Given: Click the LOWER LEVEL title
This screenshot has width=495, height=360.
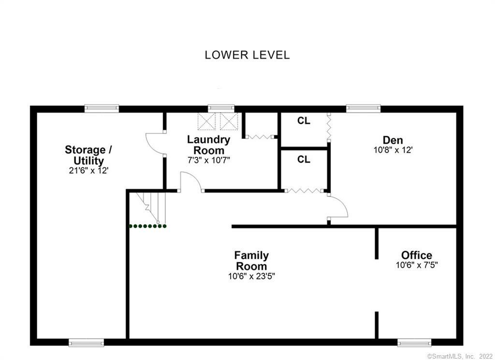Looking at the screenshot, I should [247, 55].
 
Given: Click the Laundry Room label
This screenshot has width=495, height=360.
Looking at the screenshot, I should [209, 145].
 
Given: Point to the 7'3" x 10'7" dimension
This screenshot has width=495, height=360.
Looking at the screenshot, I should [209, 160].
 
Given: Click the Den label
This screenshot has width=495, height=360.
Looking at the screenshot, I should [393, 140].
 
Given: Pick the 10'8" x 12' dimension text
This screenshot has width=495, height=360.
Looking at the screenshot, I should [393, 150].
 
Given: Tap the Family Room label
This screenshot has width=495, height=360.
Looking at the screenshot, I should [251, 260].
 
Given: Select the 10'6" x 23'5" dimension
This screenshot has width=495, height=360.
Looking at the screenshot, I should [251, 276].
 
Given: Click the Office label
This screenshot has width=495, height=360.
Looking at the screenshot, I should [416, 255].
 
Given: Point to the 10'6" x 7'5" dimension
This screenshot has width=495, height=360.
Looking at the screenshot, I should [416, 265].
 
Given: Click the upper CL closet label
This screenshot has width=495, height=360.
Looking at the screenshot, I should [304, 121].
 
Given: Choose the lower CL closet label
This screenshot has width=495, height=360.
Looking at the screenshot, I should [304, 159].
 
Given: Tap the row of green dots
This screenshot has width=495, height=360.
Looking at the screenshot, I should [147, 226].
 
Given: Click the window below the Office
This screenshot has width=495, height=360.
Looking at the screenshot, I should [413, 343].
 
